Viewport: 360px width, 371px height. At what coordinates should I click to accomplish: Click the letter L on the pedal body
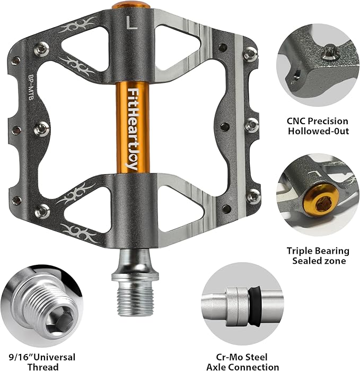[x=131, y=23]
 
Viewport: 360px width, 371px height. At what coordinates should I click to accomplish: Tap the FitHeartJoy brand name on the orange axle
[x=133, y=129]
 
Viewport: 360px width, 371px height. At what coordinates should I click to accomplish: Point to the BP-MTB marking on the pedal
[x=31, y=87]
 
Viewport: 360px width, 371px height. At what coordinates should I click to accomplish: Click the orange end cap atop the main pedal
[x=131, y=6]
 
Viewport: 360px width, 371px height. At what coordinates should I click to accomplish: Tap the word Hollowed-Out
[x=318, y=131]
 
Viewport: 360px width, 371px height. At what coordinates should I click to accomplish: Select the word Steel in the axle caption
[x=256, y=357]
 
